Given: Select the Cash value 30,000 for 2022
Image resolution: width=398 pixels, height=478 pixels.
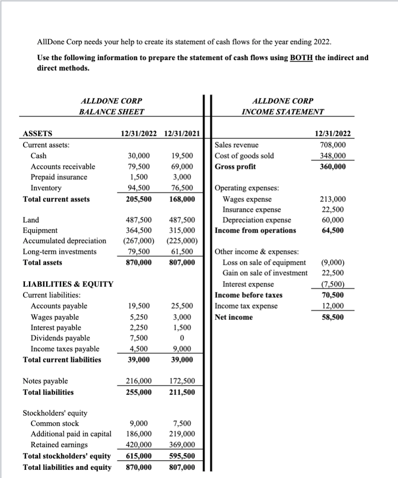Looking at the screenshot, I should point(139,155).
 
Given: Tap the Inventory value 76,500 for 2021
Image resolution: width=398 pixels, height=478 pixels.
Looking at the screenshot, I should point(183,188).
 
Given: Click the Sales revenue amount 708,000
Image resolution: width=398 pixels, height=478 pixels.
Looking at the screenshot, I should point(335,145).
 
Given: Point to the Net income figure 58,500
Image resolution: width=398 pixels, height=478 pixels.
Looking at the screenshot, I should point(335,317).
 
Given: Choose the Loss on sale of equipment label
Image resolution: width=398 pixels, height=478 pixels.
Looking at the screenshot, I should point(264,262).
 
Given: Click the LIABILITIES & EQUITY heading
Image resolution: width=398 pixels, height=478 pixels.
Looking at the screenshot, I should point(68,284).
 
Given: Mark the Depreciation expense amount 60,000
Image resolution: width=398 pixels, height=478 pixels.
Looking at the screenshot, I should point(335,220).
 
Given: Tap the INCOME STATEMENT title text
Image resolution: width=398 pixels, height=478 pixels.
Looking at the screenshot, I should point(283,111).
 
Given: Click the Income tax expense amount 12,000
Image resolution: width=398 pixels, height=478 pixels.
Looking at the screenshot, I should point(335,306).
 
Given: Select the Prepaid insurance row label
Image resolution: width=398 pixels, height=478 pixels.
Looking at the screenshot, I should point(59,177).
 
